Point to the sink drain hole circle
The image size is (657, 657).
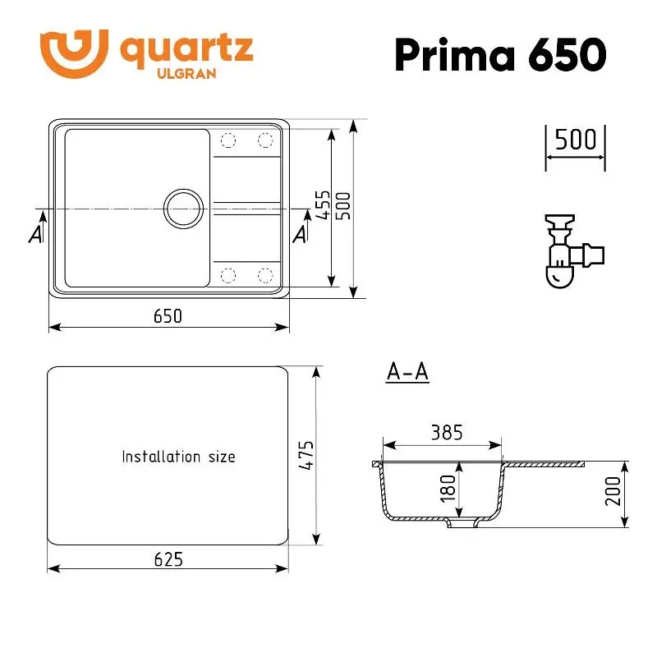[183, 208]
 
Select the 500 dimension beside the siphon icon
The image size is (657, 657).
[575, 139]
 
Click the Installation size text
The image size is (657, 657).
[178, 457]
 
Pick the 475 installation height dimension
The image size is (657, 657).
[306, 456]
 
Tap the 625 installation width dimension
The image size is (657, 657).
[168, 558]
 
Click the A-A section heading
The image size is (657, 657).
[407, 372]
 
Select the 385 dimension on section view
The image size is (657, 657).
[447, 432]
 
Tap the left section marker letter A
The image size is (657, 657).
[35, 233]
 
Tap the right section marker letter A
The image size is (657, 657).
[301, 233]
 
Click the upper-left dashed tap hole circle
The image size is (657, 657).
[228, 140]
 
